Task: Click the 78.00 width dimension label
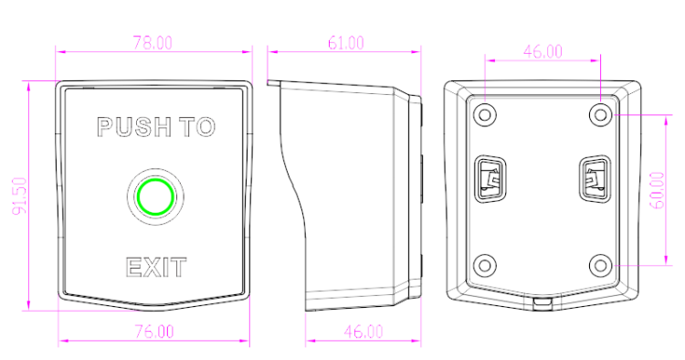click(x=153, y=43)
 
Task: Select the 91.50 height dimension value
click(x=20, y=196)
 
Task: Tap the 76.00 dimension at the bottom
click(x=153, y=332)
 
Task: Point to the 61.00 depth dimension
click(x=345, y=43)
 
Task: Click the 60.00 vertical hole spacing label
click(x=658, y=190)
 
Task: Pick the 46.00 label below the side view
click(x=363, y=332)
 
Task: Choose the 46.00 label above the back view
click(x=543, y=51)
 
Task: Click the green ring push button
click(x=155, y=196)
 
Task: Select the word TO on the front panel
click(x=199, y=127)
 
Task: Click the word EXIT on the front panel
click(x=156, y=268)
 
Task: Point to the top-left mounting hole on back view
click(x=484, y=115)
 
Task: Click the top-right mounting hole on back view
click(x=601, y=115)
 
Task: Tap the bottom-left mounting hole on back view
click(x=484, y=265)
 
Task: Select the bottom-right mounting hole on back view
click(x=601, y=265)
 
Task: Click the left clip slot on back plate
click(x=490, y=179)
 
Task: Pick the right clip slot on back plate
click(x=595, y=179)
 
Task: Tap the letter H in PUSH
click(x=162, y=127)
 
